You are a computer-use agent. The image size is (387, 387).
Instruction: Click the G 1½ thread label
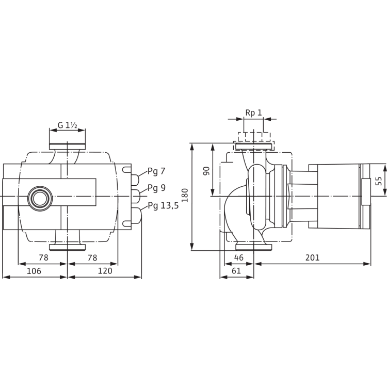pyautogui.click(x=68, y=125)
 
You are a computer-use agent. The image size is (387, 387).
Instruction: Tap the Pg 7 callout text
pyautogui.click(x=156, y=171)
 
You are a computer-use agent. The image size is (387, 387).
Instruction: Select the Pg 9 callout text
pyautogui.click(x=156, y=188)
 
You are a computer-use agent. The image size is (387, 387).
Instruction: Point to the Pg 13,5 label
pyautogui.click(x=163, y=205)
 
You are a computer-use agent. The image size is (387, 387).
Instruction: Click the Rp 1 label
pyautogui.click(x=253, y=113)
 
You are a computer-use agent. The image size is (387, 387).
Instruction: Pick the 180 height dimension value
pyautogui.click(x=185, y=195)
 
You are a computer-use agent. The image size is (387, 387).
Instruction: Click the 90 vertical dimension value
pyautogui.click(x=206, y=171)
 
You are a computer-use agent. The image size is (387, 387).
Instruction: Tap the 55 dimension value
pyautogui.click(x=379, y=181)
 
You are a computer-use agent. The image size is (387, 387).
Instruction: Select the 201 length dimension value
pyautogui.click(x=313, y=257)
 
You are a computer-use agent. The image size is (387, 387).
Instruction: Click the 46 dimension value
pyautogui.click(x=239, y=257)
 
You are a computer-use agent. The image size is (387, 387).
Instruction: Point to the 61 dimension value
pyautogui.click(x=236, y=271)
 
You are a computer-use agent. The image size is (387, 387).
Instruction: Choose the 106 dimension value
pyautogui.click(x=34, y=271)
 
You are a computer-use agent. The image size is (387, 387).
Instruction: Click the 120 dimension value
pyautogui.click(x=105, y=271)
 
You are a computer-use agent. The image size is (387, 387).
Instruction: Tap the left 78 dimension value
pyautogui.click(x=43, y=257)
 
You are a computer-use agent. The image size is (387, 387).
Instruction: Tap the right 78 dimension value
pyautogui.click(x=92, y=257)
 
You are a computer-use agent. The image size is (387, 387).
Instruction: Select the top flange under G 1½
pyautogui.click(x=68, y=147)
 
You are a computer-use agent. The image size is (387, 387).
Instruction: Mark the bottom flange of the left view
pyautogui.click(x=68, y=247)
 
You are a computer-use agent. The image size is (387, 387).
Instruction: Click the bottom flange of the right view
pyautogui.click(x=254, y=247)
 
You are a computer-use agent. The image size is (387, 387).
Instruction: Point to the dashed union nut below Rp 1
pyautogui.click(x=254, y=137)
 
